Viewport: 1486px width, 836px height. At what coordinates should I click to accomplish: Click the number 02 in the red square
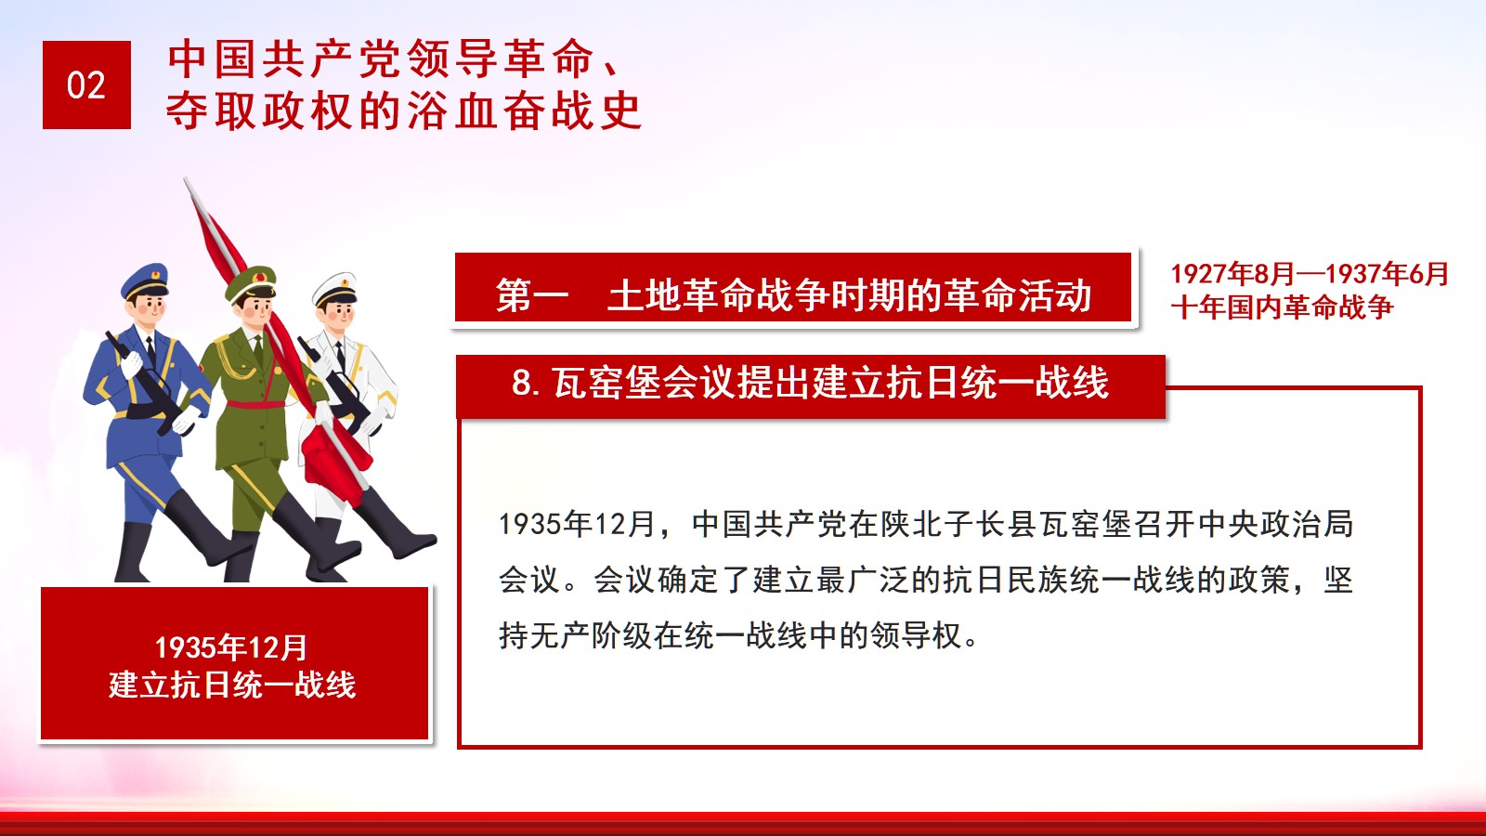click(x=86, y=85)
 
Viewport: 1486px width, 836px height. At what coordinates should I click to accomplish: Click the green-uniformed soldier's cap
click(x=251, y=283)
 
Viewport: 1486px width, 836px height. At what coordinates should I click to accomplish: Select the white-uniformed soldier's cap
click(x=335, y=289)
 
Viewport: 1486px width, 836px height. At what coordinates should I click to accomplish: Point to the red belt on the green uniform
click(x=256, y=404)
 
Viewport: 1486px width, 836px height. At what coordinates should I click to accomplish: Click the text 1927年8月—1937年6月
click(x=1309, y=273)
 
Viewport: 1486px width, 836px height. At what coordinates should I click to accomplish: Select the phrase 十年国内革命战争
click(x=1282, y=307)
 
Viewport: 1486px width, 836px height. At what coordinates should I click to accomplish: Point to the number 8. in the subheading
click(x=526, y=383)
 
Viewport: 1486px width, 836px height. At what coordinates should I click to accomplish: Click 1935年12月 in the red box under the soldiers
click(x=231, y=647)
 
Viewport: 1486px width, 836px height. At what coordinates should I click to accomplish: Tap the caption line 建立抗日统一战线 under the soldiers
click(x=232, y=685)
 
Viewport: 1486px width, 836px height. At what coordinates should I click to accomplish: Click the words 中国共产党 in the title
click(x=286, y=59)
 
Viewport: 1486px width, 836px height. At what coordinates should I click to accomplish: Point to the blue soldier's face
click(x=150, y=307)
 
